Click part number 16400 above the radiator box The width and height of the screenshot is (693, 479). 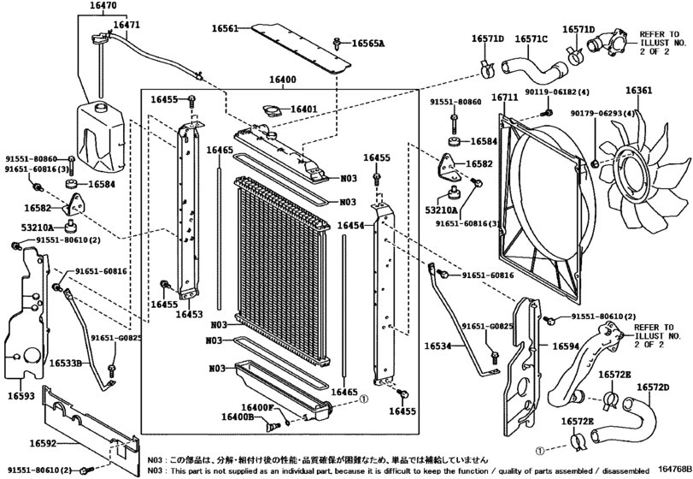point(282,80)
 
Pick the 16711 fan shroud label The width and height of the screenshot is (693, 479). point(504,98)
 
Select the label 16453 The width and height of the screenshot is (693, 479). point(189,315)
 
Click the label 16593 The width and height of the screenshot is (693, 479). point(23,397)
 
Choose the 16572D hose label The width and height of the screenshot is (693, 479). point(653,387)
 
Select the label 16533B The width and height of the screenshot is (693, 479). point(65,364)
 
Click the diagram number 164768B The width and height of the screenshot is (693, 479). point(674,467)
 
